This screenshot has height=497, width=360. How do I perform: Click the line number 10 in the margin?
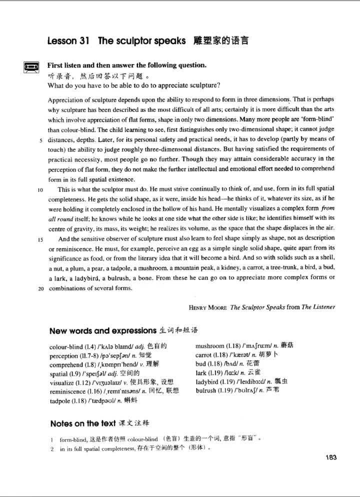click(x=38, y=189)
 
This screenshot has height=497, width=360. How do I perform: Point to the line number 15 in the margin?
click(x=38, y=239)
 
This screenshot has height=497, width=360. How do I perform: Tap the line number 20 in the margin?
click(x=38, y=288)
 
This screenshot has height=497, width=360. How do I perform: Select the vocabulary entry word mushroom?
click(x=210, y=345)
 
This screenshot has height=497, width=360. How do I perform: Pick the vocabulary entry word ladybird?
click(x=208, y=381)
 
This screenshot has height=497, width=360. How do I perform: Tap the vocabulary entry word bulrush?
click(x=207, y=390)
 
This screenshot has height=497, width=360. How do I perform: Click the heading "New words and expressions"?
click(x=103, y=330)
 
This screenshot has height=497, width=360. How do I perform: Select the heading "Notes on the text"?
click(x=83, y=423)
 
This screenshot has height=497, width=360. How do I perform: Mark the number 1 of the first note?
click(x=51, y=438)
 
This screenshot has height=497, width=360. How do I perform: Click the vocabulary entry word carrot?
click(x=205, y=354)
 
